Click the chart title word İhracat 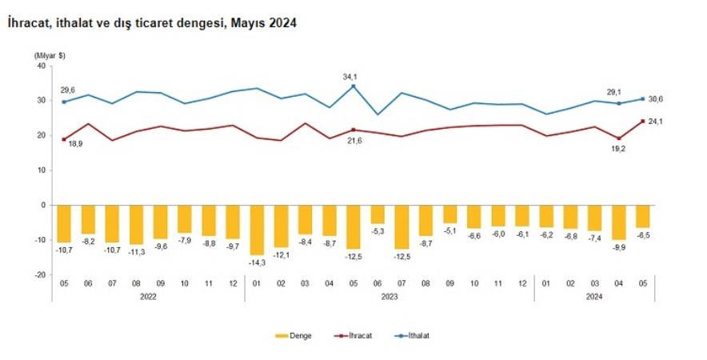[29, 24]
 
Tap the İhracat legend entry [357, 336]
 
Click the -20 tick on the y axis [38, 274]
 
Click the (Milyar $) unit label [50, 54]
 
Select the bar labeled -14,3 [257, 230]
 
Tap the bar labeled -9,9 [619, 222]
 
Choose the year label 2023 [389, 297]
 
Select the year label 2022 [148, 297]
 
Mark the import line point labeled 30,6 [643, 99]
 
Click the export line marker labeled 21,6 [353, 130]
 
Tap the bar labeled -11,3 [136, 225]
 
